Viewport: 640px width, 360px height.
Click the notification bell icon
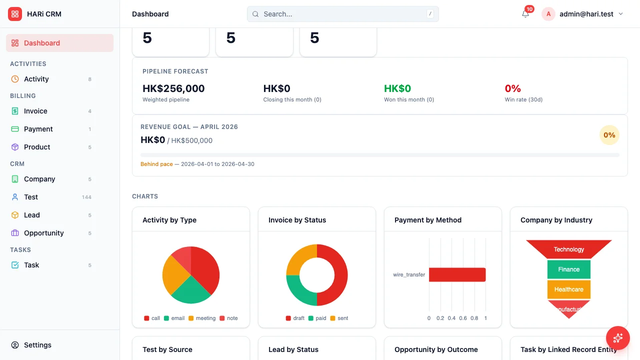(x=525, y=14)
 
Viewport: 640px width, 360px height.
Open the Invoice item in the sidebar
(x=35, y=111)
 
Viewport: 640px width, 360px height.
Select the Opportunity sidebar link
(x=43, y=233)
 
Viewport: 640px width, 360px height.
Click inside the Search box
(x=342, y=14)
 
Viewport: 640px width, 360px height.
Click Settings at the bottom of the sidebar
(x=37, y=345)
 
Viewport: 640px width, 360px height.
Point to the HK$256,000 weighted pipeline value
(x=173, y=88)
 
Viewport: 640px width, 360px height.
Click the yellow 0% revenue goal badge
(x=609, y=135)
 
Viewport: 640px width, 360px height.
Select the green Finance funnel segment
(x=568, y=269)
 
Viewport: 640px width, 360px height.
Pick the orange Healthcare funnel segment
(x=568, y=289)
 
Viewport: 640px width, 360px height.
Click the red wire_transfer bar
(x=457, y=274)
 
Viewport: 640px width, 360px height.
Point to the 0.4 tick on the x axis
(x=451, y=318)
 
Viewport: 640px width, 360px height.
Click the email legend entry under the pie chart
(x=174, y=318)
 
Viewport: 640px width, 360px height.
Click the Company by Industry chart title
(x=556, y=220)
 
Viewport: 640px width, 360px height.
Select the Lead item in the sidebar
(x=31, y=215)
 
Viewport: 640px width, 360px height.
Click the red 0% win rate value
(x=512, y=88)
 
